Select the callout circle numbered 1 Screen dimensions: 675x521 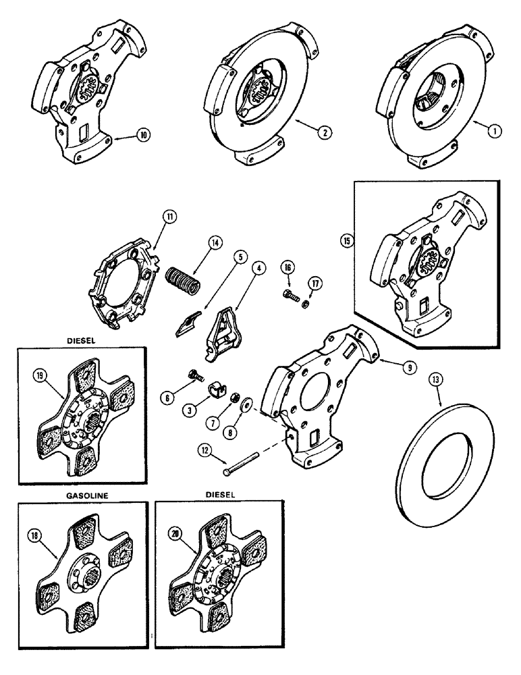coord(495,132)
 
